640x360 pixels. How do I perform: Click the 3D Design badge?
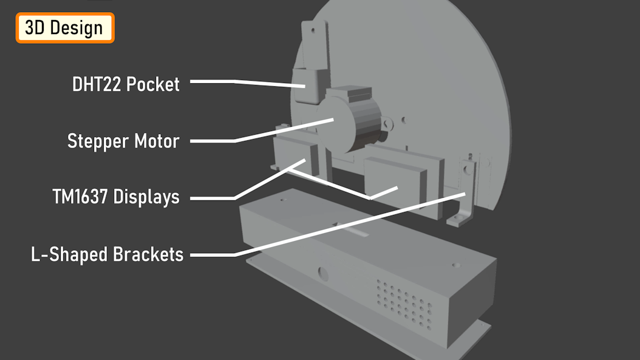click(x=65, y=28)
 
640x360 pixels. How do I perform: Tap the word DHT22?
click(x=97, y=84)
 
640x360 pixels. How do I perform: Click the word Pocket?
click(x=153, y=84)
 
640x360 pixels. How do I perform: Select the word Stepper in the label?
click(x=98, y=141)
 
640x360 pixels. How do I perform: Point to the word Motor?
click(x=157, y=141)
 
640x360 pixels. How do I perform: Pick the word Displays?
click(x=146, y=197)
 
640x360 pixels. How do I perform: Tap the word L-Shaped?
click(x=69, y=254)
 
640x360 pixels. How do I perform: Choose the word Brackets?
click(x=148, y=254)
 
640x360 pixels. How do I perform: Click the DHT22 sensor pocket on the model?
click(x=309, y=86)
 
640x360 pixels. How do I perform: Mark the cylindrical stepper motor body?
click(x=350, y=123)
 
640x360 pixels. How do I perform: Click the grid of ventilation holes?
click(x=404, y=304)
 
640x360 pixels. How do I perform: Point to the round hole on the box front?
click(x=323, y=274)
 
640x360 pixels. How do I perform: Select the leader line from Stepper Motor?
click(x=262, y=130)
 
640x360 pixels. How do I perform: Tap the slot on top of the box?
click(x=352, y=230)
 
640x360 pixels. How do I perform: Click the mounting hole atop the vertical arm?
click(x=313, y=30)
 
